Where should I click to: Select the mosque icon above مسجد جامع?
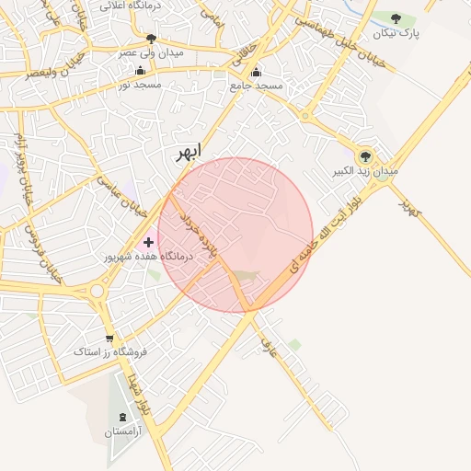[x=256, y=72]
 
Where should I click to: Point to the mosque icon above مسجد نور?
[x=140, y=70]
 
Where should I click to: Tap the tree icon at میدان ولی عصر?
[x=151, y=39]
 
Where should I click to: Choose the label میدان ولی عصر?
[x=150, y=52]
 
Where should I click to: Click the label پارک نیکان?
[x=396, y=34]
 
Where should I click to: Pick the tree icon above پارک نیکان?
[x=396, y=19]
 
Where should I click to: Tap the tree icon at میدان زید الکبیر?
[x=365, y=156]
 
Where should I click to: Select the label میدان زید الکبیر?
[x=366, y=172]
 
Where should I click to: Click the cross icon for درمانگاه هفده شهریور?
[x=149, y=242]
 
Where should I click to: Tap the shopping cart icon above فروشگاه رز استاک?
[x=109, y=339]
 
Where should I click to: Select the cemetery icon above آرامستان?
[x=122, y=417]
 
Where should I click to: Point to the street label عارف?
[x=269, y=347]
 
